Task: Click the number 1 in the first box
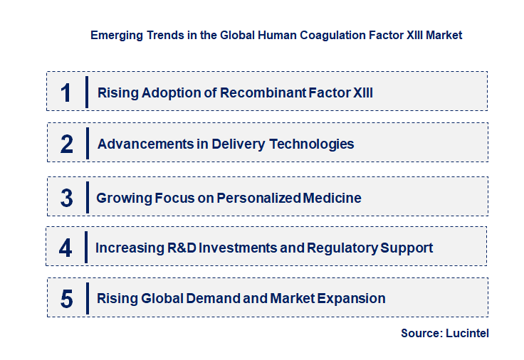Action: click(x=66, y=92)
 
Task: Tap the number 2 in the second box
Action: click(x=67, y=144)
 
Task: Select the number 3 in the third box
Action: click(x=67, y=198)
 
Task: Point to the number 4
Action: click(x=65, y=248)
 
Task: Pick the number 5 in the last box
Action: click(x=67, y=299)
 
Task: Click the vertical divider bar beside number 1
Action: click(x=86, y=92)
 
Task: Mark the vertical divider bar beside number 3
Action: click(x=86, y=197)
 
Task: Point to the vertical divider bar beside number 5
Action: click(x=86, y=298)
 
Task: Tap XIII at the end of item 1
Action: click(x=363, y=92)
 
